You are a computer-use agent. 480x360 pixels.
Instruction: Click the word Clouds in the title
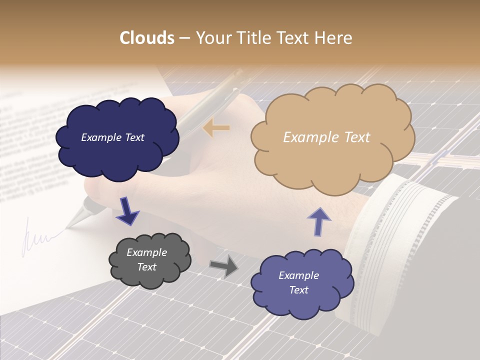[x=147, y=38]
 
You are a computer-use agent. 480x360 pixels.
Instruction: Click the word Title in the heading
[x=255, y=38]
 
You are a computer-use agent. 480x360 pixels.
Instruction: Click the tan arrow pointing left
[x=216, y=128]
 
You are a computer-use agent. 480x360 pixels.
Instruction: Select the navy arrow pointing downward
[x=127, y=211]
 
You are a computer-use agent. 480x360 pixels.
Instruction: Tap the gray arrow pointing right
[x=224, y=266]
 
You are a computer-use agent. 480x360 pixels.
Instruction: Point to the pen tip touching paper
[x=69, y=222]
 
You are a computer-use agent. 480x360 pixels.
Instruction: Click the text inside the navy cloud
[x=112, y=137]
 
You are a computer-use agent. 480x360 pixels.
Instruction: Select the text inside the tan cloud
[x=326, y=137]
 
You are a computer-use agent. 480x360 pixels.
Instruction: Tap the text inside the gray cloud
[x=146, y=259]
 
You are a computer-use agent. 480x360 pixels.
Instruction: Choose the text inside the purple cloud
[x=298, y=282]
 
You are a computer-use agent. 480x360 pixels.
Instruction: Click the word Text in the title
[x=295, y=38]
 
